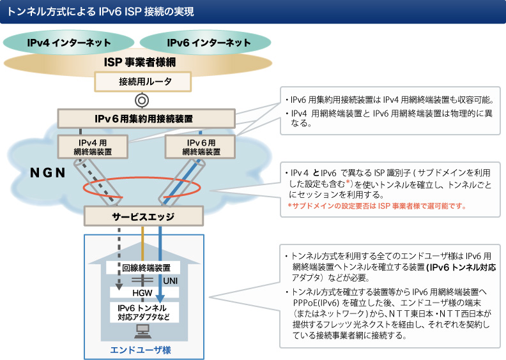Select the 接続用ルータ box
pyautogui.click(x=143, y=81)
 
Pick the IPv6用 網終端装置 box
pyautogui.click(x=200, y=147)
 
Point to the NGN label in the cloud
pyautogui.click(x=50, y=173)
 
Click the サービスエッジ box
pyautogui.click(x=143, y=216)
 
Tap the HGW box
pyautogui.click(x=142, y=292)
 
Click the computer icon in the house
pyautogui.click(x=142, y=331)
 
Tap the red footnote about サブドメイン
pyautogui.click(x=377, y=206)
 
